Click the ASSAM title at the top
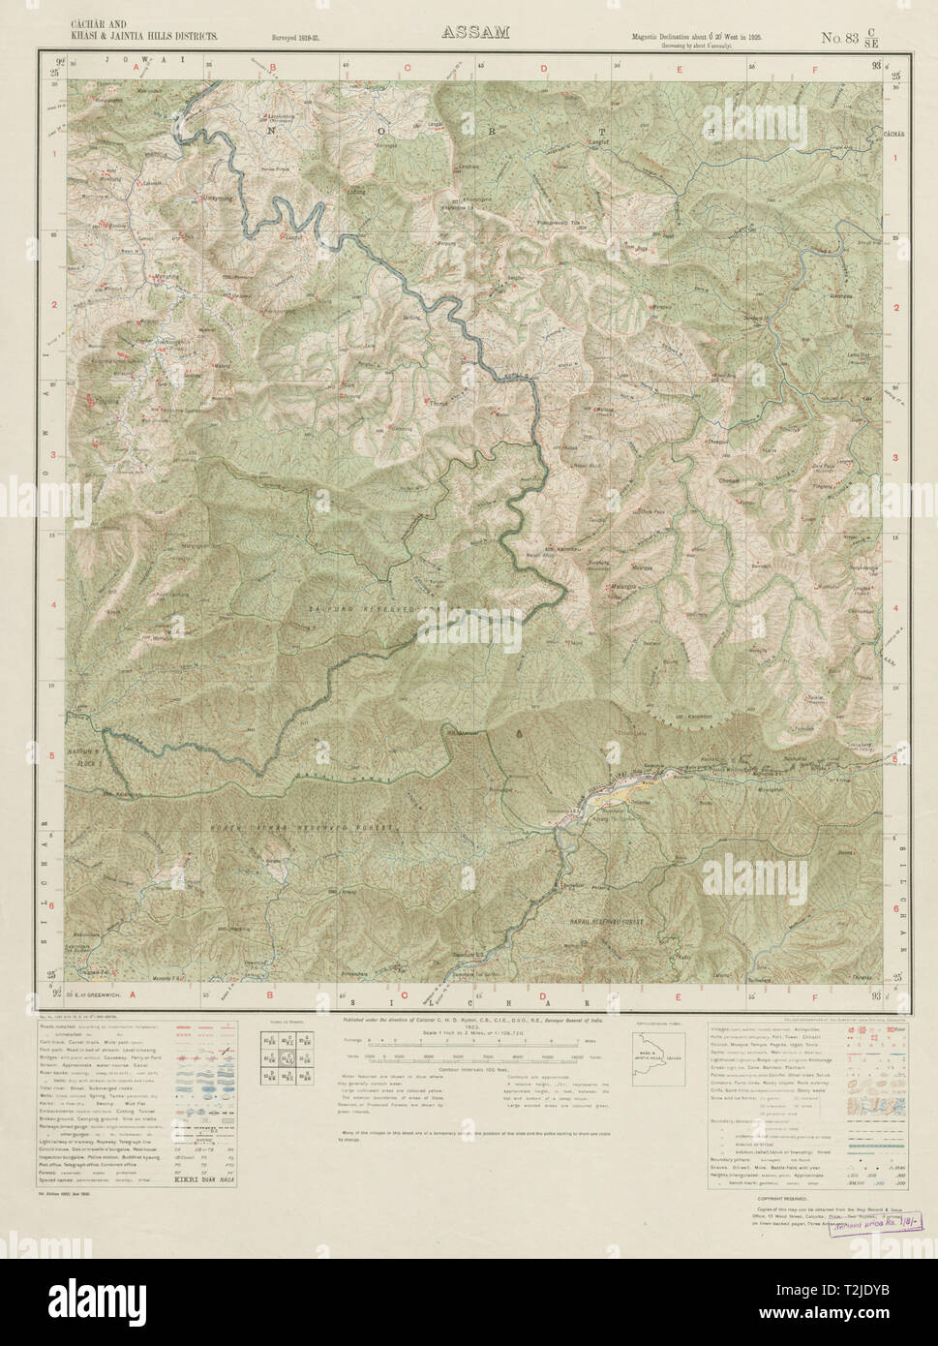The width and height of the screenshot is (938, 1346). [x=475, y=32]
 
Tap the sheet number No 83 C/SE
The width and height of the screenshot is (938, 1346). [x=850, y=38]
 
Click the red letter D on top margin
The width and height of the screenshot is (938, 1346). [x=544, y=68]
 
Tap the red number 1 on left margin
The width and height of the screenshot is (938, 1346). [x=54, y=155]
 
